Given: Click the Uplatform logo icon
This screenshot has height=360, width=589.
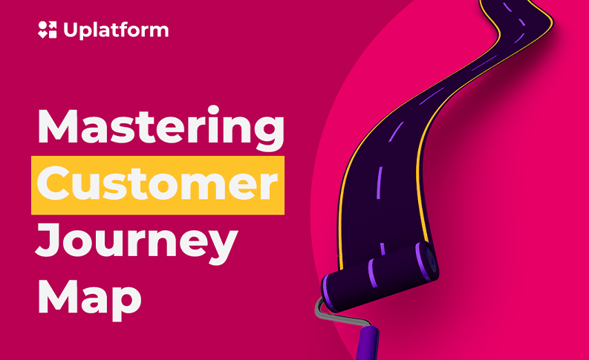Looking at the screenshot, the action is [48, 30].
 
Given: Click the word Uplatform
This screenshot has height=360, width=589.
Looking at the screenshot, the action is [116, 30].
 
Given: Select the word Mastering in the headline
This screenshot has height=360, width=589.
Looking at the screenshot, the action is [161, 128].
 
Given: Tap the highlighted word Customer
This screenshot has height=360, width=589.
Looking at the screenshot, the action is [157, 185].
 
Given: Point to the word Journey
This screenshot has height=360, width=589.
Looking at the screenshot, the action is [137, 243].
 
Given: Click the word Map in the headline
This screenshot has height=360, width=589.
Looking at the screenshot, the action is [89, 299].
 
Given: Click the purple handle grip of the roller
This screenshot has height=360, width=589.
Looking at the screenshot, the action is [367, 343].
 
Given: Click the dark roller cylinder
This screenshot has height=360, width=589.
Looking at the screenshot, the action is [380, 277].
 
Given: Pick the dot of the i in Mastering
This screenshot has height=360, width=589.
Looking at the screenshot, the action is [213, 111].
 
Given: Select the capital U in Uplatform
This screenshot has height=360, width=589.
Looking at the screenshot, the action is [71, 30].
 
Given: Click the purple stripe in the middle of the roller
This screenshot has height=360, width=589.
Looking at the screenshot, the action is [373, 273].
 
